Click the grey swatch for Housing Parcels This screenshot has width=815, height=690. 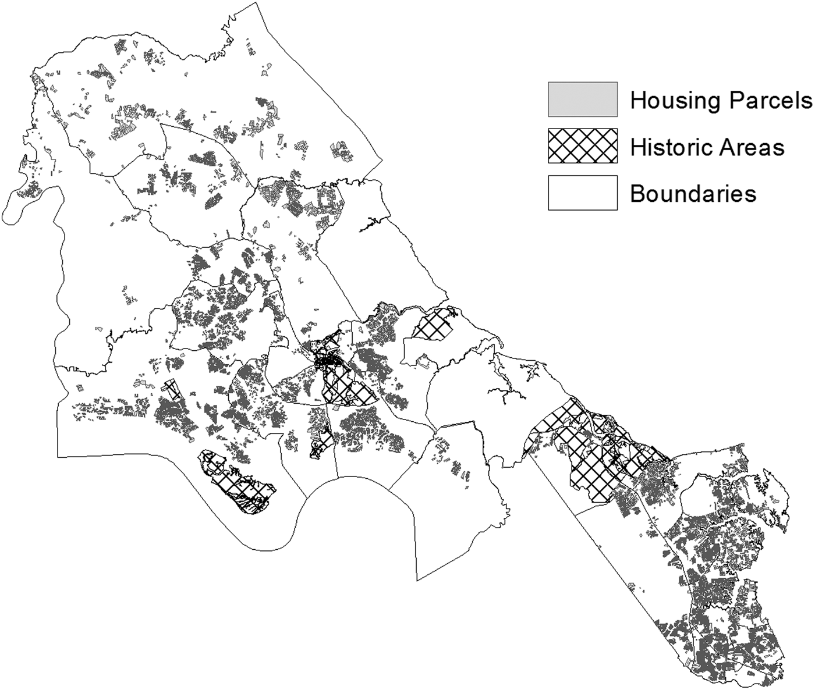[582, 99]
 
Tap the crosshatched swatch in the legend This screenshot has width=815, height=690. [582, 145]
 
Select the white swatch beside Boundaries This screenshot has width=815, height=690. [582, 192]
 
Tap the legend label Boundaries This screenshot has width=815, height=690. [693, 193]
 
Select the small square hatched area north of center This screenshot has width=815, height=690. [433, 325]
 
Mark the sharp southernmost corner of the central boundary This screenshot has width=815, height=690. [418, 579]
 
